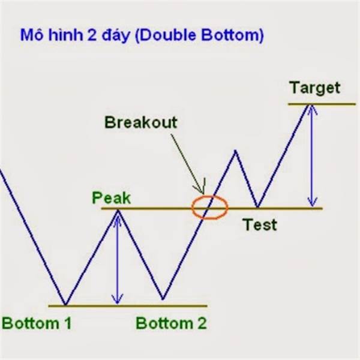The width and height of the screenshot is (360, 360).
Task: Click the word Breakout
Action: coord(141,122)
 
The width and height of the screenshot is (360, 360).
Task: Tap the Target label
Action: coord(315,88)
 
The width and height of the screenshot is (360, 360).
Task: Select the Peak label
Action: coord(112,198)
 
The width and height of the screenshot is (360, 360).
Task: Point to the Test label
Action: coord(260,224)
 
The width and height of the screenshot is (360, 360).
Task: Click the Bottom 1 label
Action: coord(37,323)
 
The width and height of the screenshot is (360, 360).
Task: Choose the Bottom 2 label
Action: coord(171,323)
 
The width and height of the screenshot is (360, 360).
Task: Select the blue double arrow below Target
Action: coord(312,155)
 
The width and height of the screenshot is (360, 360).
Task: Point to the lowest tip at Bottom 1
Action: coord(65,305)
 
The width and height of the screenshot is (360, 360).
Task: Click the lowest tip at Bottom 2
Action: coord(163,299)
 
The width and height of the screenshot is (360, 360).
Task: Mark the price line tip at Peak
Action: coord(118,209)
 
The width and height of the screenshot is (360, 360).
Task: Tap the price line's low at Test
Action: coord(257,207)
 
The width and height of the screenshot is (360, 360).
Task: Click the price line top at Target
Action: coord(309,104)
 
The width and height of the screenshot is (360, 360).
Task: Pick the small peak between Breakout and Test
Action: coord(235,151)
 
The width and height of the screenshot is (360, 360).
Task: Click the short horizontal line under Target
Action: coord(322,104)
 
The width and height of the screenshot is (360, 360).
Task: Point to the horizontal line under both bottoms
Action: coord(128,306)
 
